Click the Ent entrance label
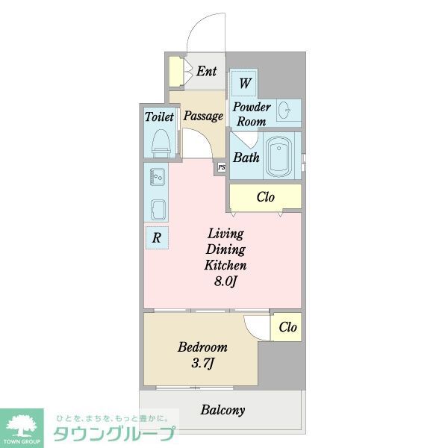[206, 72]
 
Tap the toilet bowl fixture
[161, 141]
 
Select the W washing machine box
[245, 82]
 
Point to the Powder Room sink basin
[284, 111]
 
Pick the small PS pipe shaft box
[221, 168]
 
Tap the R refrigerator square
[157, 238]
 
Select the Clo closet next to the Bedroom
[287, 327]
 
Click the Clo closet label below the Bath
[266, 198]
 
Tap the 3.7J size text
[203, 364]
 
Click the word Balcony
[223, 410]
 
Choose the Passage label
[203, 116]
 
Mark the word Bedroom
[202, 347]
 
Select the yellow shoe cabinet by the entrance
[175, 72]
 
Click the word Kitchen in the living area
[226, 265]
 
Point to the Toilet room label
[159, 117]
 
